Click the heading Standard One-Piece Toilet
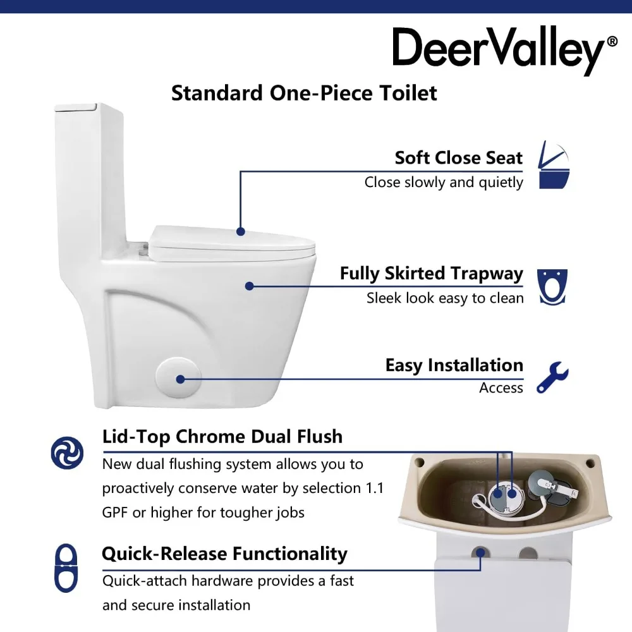[x=304, y=93]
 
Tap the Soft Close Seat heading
[x=458, y=157]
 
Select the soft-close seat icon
[x=554, y=166]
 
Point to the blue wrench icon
[x=552, y=377]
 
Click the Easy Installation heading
[x=454, y=365]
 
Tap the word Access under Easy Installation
[x=501, y=388]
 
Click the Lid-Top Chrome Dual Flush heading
[x=222, y=437]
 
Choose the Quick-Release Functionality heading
[x=224, y=554]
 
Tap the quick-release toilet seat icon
[x=66, y=568]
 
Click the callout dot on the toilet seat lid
[x=240, y=231]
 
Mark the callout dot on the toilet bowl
[x=249, y=286]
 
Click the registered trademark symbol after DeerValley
[x=612, y=42]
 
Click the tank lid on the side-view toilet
[x=76, y=107]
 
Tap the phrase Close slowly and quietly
[x=444, y=182]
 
